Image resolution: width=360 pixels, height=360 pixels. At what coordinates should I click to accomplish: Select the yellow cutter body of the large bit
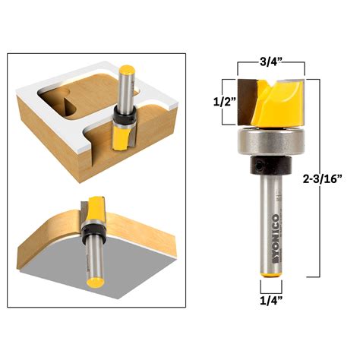(271, 103)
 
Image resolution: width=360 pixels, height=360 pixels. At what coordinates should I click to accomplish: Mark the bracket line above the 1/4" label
(270, 287)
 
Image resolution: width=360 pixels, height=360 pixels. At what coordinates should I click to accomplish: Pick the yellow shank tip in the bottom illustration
(94, 280)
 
